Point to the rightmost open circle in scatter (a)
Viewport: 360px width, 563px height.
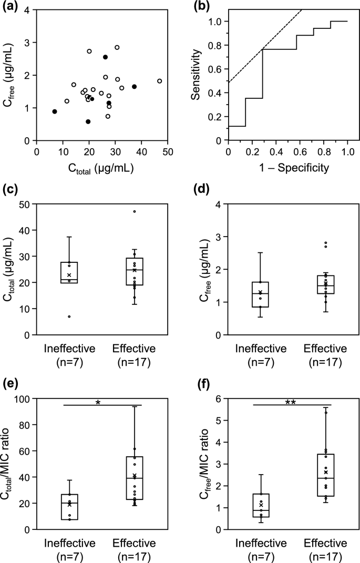tap(159, 81)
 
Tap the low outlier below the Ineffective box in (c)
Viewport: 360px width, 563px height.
tap(69, 316)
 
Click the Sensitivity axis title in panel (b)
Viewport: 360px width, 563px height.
tap(197, 75)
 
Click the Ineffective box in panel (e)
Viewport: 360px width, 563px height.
tap(69, 507)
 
